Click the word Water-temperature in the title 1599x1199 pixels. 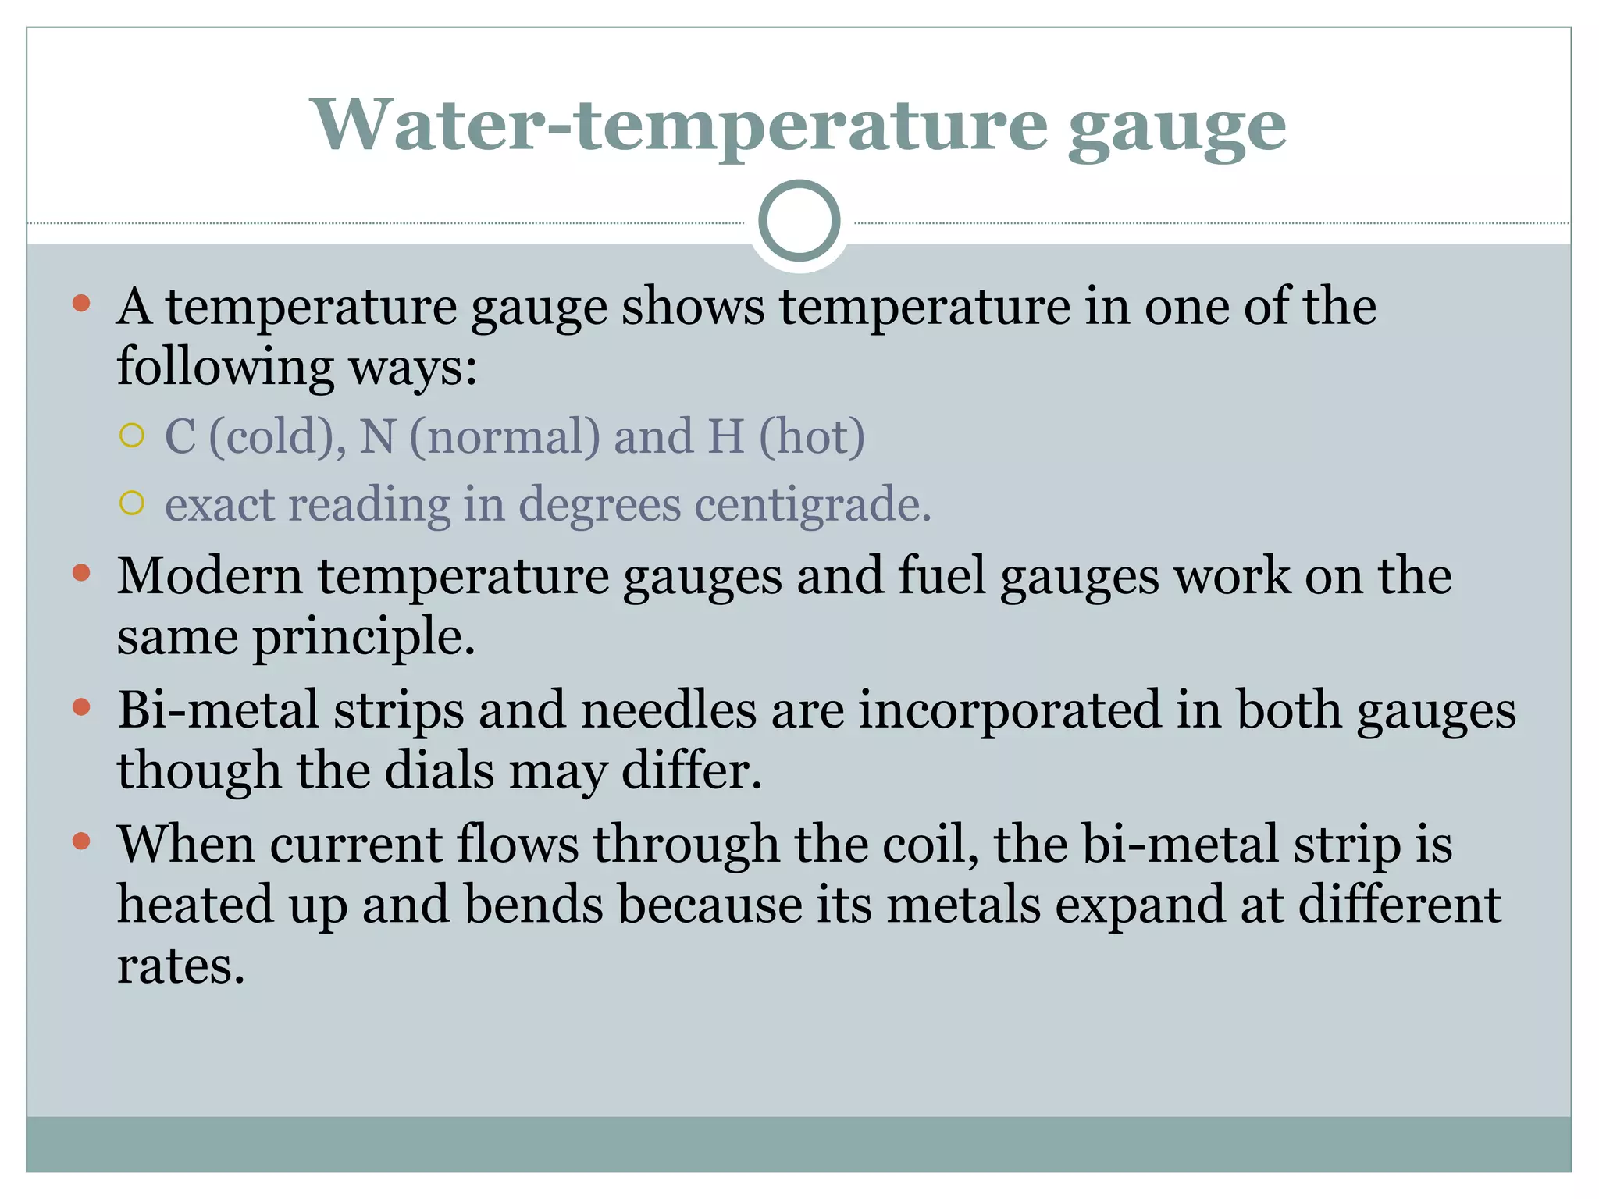679,125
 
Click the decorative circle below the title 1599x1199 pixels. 799,221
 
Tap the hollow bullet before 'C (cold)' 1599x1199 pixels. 133,436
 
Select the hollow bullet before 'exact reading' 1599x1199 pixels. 133,503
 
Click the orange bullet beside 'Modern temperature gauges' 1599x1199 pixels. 81,574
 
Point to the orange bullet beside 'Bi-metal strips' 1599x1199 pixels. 81,708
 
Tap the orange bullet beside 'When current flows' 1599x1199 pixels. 81,841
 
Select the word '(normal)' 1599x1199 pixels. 505,436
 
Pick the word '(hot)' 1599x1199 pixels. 812,436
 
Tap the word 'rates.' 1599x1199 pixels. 181,966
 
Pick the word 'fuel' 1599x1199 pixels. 942,576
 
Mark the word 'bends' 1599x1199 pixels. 534,905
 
